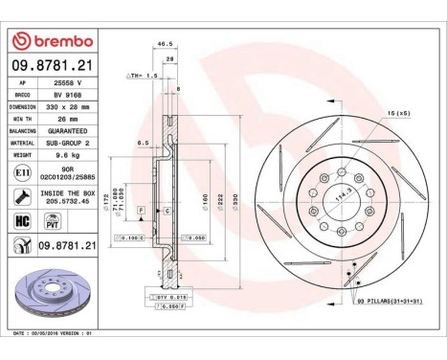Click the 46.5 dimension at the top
[164, 44]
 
